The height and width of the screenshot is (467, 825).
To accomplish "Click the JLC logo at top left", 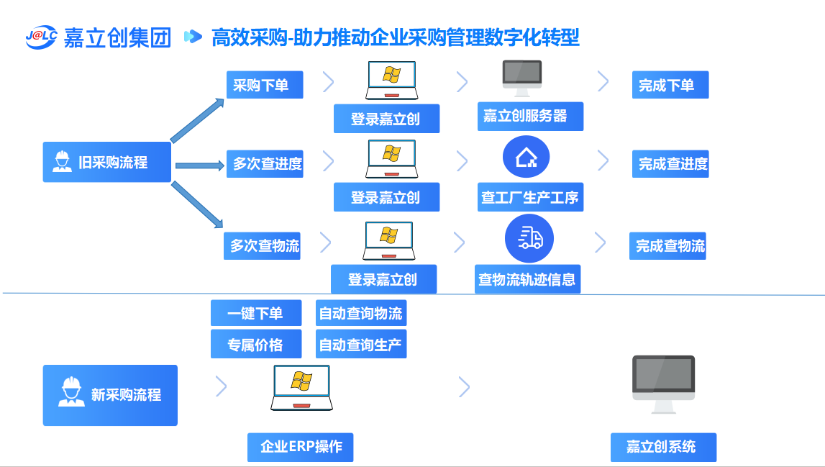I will click(40, 37).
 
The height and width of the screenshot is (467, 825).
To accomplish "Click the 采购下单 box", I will click(264, 85).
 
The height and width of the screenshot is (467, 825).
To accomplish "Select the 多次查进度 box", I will click(264, 163).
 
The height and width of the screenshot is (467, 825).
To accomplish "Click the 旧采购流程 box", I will click(106, 162).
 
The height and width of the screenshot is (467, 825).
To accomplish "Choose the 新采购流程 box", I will click(110, 395).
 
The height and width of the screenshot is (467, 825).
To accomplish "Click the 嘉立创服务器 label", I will click(530, 117).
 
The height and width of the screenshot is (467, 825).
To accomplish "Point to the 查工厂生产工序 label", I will click(530, 197).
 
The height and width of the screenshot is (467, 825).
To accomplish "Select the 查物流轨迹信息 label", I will click(528, 279).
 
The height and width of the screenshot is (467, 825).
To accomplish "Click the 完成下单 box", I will click(670, 85).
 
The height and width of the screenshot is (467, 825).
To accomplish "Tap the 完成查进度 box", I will click(670, 163).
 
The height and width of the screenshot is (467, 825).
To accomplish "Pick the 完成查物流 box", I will click(667, 246).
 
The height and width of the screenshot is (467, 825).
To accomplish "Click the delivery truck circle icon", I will click(529, 238).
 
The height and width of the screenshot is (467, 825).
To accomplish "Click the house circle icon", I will click(527, 157).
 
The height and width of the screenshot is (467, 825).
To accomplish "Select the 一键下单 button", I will click(256, 313).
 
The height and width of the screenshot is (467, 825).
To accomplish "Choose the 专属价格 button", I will click(256, 345).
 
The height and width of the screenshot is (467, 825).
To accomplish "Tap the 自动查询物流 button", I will click(361, 313).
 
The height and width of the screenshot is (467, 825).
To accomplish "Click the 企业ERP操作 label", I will click(301, 447).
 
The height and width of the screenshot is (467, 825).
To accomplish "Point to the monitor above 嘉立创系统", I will click(663, 383).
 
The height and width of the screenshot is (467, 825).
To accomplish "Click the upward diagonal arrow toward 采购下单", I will click(198, 120).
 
